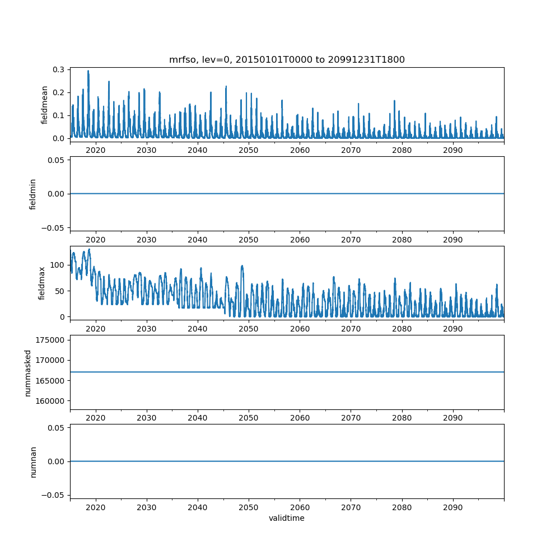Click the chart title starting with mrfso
coord(287,59)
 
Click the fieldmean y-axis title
coord(45,105)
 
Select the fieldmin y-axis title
coord(33,194)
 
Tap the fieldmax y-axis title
coord(41,283)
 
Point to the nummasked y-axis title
coord(28,372)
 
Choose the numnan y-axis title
coord(33,461)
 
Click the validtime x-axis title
coord(287,518)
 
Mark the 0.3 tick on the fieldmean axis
coord(58,69)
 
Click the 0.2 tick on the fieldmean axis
coord(58,92)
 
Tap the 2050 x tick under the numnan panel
coord(249,507)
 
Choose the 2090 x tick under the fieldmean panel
coord(452,151)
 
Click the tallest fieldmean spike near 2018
coord(88,71)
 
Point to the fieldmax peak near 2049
coord(242,266)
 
